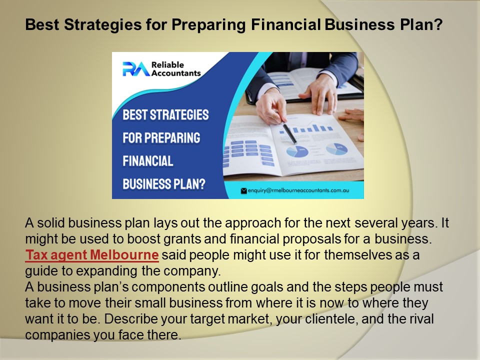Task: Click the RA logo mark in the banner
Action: [135, 68]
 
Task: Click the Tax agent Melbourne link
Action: [92, 255]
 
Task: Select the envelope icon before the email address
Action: [244, 190]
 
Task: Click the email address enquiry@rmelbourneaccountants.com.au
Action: [301, 190]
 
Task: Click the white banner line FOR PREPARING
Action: [161, 137]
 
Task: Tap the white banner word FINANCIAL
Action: [148, 161]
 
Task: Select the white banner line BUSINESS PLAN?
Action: [164, 183]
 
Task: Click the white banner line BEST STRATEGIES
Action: [165, 114]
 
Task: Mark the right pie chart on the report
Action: [337, 148]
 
